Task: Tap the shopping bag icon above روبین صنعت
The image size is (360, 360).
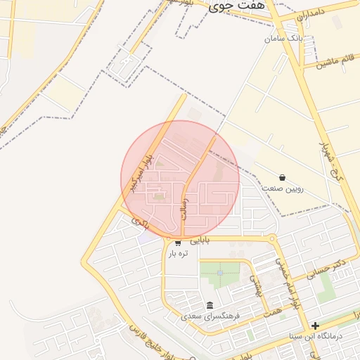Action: point(282,178)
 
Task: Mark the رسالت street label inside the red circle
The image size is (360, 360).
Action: point(186,206)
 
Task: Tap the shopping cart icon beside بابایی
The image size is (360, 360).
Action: point(178,243)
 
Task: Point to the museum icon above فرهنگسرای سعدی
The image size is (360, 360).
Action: point(210,306)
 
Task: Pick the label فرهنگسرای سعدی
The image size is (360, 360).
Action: point(210,316)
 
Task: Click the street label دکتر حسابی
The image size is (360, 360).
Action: point(332,267)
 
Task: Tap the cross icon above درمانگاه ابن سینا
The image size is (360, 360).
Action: point(316,326)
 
